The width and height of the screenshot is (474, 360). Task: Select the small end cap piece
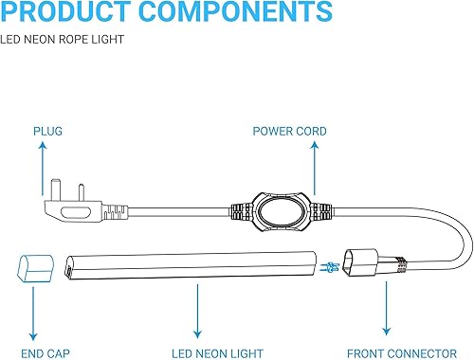(33, 267)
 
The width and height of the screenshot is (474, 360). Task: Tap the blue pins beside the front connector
(331, 265)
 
